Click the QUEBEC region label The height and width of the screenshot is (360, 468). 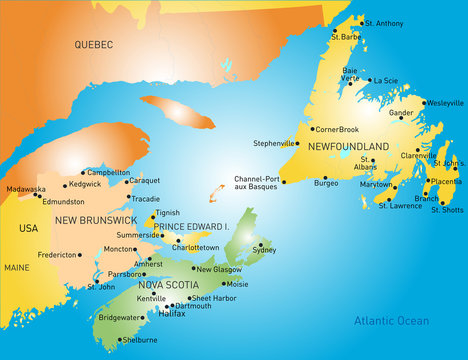pyautogui.click(x=94, y=45)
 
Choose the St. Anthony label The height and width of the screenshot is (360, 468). pyautogui.click(x=384, y=23)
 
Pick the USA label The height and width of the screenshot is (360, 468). pyautogui.click(x=28, y=228)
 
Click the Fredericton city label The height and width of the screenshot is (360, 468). pyautogui.click(x=57, y=255)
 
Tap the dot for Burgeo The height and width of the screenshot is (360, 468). pyautogui.click(x=324, y=178)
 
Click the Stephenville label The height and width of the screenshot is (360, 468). pyautogui.click(x=275, y=143)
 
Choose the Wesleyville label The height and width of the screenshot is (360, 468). pyautogui.click(x=445, y=103)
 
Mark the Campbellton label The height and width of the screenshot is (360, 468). pyautogui.click(x=108, y=172)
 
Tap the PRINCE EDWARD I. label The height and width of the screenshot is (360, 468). pyautogui.click(x=191, y=225)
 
